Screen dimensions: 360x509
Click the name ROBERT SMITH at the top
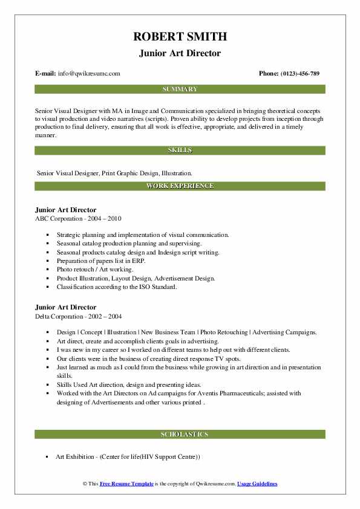(180, 37)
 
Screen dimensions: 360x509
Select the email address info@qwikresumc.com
(89, 74)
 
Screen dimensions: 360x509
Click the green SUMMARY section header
(180, 89)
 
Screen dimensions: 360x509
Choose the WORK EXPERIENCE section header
(180, 186)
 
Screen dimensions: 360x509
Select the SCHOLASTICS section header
(180, 434)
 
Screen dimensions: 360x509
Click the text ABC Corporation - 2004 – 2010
(74, 218)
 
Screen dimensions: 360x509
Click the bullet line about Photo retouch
(95, 269)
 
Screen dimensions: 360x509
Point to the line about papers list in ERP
(103, 261)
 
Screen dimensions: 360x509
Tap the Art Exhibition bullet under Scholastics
(128, 456)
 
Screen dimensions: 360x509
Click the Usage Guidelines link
(257, 484)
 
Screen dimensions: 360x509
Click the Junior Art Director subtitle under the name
(180, 53)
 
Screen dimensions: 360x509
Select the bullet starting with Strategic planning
(143, 234)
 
